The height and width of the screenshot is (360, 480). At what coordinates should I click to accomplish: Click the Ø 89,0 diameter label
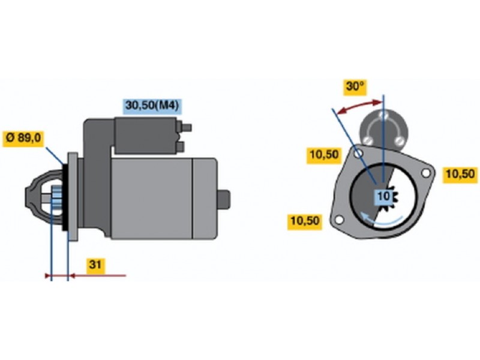(23, 139)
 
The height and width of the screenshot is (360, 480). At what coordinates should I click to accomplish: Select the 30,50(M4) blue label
(152, 106)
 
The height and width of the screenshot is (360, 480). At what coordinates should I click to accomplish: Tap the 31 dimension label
(95, 265)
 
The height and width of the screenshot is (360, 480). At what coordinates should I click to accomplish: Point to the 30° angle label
(355, 87)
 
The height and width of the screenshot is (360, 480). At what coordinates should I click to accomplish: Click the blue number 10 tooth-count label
(383, 196)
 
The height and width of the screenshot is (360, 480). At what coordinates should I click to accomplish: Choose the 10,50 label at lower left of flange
(305, 221)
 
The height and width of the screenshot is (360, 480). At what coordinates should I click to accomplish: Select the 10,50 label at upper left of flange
(324, 155)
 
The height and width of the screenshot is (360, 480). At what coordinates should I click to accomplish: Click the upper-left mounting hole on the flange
(358, 153)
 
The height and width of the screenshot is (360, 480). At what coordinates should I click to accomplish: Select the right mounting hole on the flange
(426, 173)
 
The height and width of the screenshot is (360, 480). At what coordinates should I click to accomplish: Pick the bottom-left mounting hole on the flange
(339, 220)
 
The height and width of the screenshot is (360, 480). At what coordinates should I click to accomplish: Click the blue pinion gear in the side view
(56, 198)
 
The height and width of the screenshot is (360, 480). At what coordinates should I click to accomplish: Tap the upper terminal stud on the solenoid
(185, 127)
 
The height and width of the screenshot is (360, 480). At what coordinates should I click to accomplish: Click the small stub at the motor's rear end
(224, 200)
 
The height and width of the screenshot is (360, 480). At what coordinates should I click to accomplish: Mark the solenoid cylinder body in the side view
(146, 136)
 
